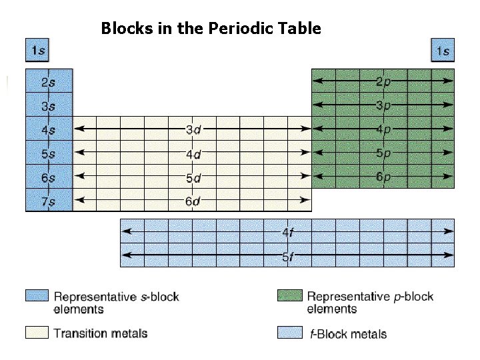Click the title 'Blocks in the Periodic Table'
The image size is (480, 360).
[211, 29]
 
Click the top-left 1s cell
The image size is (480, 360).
[37, 51]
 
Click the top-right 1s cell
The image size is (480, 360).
[443, 51]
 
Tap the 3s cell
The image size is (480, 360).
[48, 105]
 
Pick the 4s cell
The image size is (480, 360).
[48, 129]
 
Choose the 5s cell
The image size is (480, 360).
[48, 153]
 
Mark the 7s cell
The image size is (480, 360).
[48, 201]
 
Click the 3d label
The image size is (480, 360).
[193, 129]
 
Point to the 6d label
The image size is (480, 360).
[193, 201]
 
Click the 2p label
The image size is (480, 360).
[383, 81]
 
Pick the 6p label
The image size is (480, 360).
[383, 177]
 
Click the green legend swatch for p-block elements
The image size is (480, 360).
[289, 296]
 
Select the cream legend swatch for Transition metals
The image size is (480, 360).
[37, 332]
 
